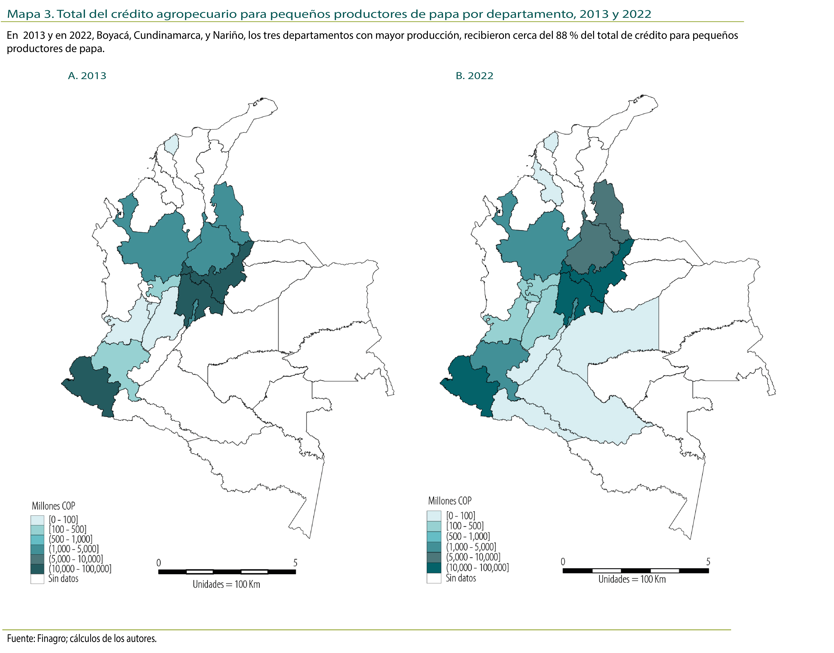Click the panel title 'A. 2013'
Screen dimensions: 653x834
coord(87,76)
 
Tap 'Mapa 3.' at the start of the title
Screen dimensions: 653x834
coord(31,14)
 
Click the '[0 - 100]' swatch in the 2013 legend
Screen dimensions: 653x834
coord(38,520)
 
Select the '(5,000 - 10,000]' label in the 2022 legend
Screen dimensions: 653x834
coord(473,557)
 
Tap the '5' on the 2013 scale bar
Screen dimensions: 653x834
coord(295,563)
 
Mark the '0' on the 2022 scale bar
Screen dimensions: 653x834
coord(563,562)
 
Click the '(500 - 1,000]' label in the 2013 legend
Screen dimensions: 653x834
coord(71,539)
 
